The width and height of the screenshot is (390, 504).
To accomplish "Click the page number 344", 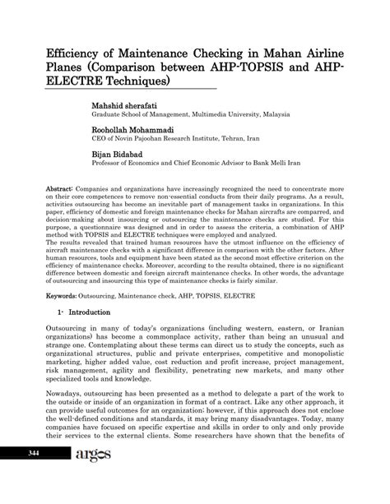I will (x=34, y=477).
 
